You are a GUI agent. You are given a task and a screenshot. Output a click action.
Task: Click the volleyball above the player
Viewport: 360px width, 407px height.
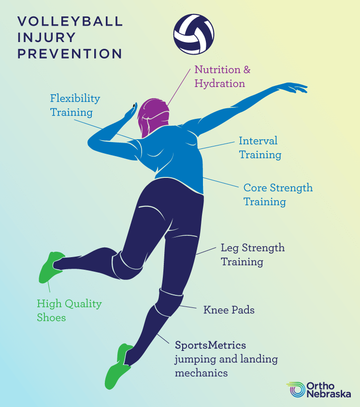(194, 35)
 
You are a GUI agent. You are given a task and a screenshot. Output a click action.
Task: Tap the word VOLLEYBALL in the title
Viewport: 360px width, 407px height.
(70, 22)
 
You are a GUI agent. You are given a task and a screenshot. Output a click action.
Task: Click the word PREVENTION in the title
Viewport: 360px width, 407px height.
(70, 54)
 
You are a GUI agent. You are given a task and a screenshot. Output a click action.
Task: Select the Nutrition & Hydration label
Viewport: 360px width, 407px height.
(222, 76)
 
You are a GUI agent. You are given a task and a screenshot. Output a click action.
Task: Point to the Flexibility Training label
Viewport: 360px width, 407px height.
(75, 105)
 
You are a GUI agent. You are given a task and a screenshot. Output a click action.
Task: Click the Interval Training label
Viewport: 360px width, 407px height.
(259, 147)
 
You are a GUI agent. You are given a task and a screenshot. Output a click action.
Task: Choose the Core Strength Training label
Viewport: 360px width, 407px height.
(277, 194)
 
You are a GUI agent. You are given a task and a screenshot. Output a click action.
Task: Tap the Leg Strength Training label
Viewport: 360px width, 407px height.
(252, 255)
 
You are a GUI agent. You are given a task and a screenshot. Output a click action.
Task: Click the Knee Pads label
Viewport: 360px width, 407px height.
(229, 310)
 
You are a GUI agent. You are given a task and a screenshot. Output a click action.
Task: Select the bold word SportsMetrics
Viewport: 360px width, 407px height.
(210, 346)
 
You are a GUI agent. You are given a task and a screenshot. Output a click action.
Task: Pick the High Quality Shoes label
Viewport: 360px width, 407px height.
(69, 310)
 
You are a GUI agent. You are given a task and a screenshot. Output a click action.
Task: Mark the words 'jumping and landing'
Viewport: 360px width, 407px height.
(226, 360)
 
